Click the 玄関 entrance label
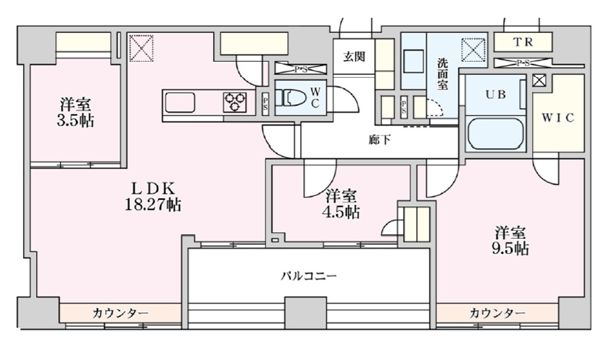click(x=354, y=57)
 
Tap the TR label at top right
click(x=523, y=43)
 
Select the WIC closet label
click(x=558, y=118)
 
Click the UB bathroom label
click(x=496, y=93)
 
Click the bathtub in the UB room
click(x=496, y=133)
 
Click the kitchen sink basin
click(x=180, y=103)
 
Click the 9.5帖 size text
click(x=510, y=249)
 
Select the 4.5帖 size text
click(x=341, y=212)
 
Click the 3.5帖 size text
click(x=76, y=121)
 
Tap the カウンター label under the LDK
click(x=120, y=313)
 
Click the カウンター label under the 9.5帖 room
click(x=497, y=313)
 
